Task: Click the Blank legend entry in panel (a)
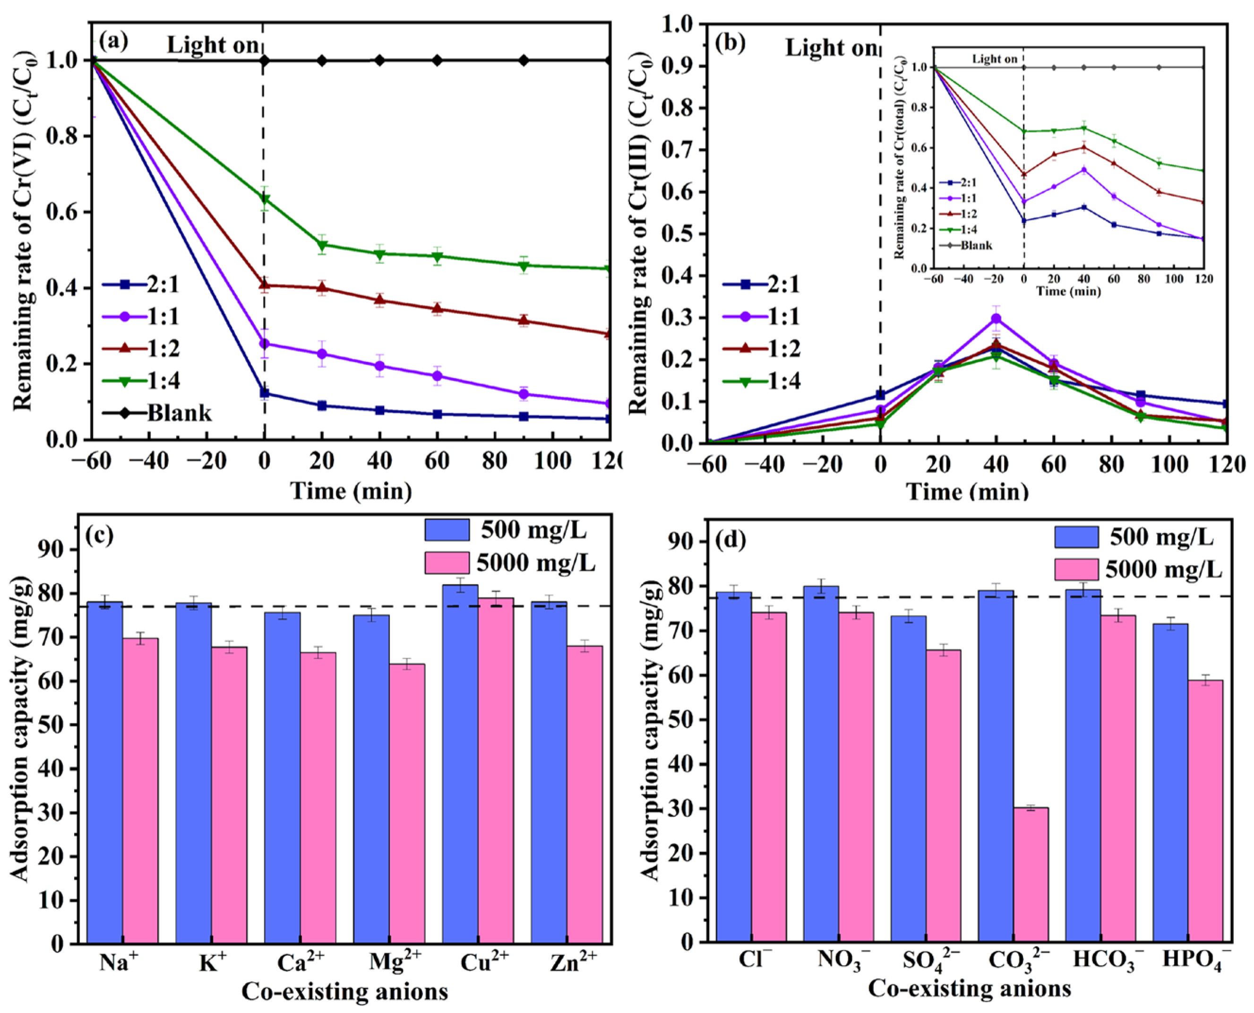click(x=179, y=413)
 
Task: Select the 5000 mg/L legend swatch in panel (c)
click(x=447, y=563)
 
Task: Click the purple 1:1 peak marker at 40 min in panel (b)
click(x=996, y=319)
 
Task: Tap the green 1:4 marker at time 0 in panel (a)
click(x=264, y=199)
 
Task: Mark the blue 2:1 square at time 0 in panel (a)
click(x=264, y=393)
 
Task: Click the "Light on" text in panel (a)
click(x=213, y=45)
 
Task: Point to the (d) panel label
click(x=730, y=540)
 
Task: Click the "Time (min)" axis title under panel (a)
click(x=351, y=491)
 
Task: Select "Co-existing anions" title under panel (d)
click(x=970, y=988)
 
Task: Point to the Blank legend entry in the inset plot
click(x=976, y=245)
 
